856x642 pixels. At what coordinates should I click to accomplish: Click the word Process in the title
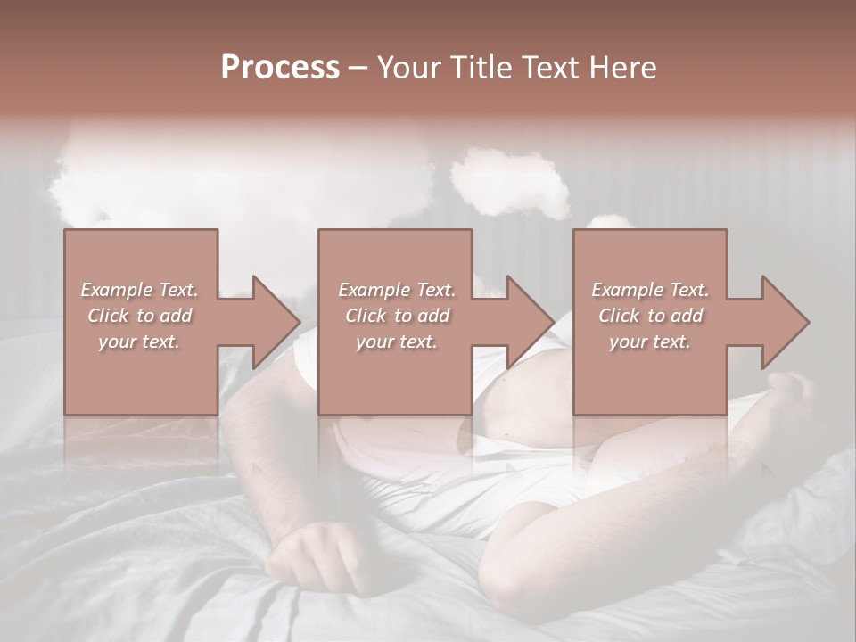(x=280, y=68)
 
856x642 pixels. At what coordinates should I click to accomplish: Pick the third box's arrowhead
(x=785, y=322)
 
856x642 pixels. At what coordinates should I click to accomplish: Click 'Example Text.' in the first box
(x=139, y=290)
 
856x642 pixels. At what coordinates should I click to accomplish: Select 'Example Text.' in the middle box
(x=396, y=290)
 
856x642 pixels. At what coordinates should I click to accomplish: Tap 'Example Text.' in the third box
(x=650, y=290)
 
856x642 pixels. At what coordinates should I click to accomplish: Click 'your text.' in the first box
(x=139, y=342)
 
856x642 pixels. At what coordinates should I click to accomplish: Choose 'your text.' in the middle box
(x=396, y=342)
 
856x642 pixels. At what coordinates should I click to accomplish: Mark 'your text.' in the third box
(x=650, y=342)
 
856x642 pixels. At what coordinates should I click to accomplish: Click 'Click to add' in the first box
(x=139, y=316)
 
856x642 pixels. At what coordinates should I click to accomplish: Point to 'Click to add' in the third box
(x=650, y=316)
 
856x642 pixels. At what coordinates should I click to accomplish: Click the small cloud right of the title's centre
(x=510, y=180)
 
